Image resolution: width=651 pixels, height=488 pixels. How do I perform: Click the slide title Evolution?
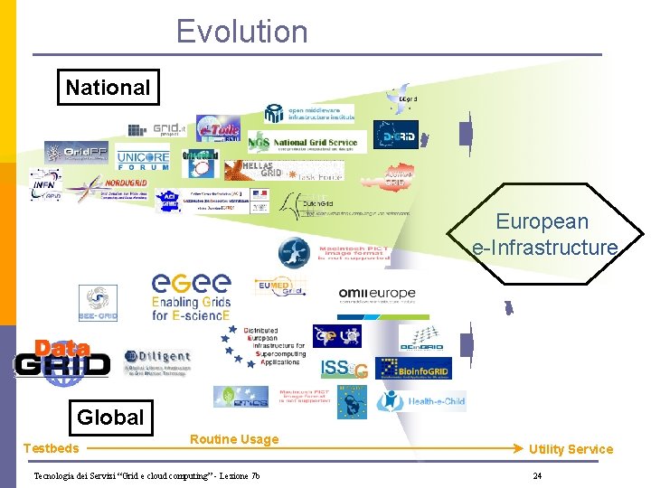[x=241, y=32]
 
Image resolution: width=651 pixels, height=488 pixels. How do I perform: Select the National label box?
[x=108, y=88]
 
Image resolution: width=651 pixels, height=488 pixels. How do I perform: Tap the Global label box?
[x=110, y=417]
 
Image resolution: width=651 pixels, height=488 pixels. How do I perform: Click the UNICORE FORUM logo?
[x=143, y=160]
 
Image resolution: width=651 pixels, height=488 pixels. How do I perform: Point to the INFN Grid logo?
[x=45, y=185]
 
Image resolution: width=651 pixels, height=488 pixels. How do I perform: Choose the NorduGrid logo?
[x=107, y=188]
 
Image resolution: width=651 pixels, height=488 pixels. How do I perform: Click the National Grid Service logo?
[x=307, y=142]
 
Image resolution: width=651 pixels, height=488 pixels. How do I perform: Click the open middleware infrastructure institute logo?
[x=308, y=113]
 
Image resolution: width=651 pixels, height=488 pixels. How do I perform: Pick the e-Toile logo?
[x=218, y=132]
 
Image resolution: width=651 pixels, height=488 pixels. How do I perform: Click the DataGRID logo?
[x=61, y=359]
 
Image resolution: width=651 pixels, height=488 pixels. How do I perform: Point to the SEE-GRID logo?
[x=98, y=303]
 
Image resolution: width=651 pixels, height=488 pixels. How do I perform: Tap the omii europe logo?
[x=376, y=294]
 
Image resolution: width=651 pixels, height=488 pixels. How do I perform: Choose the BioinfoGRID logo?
[x=413, y=368]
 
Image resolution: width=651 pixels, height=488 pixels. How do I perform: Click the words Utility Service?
[x=571, y=449]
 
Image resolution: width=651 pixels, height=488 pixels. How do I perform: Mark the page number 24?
[x=537, y=476]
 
